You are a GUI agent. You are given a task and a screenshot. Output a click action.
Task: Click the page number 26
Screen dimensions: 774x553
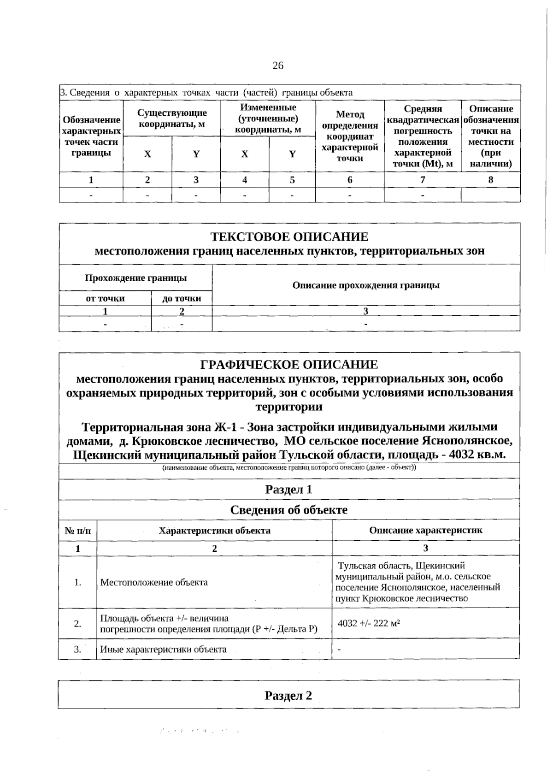click(x=278, y=65)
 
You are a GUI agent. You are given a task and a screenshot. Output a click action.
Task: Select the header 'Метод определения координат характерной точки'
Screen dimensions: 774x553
click(x=350, y=136)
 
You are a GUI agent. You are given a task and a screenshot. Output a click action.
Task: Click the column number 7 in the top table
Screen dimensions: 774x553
click(x=423, y=180)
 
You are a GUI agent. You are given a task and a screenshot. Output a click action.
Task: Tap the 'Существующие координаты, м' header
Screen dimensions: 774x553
click(x=172, y=118)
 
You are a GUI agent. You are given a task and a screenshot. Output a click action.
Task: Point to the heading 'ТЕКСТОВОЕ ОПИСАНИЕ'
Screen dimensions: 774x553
click(x=289, y=237)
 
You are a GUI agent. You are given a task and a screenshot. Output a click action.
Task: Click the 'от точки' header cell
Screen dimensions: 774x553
click(x=105, y=298)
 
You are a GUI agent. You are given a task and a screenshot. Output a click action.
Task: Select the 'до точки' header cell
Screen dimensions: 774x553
click(x=182, y=298)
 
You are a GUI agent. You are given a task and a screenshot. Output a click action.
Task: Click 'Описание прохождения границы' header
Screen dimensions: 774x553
click(x=366, y=285)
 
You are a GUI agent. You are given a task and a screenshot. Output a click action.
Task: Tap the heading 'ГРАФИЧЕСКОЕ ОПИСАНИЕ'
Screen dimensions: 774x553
click(x=289, y=365)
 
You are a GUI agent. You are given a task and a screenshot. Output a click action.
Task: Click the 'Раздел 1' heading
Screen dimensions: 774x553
click(x=289, y=490)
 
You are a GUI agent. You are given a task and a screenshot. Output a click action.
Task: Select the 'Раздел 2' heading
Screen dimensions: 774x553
click(x=288, y=695)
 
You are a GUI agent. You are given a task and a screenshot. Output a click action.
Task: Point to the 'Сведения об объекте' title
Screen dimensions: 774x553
click(x=289, y=510)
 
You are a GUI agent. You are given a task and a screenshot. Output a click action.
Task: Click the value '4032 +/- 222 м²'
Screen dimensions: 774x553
click(x=369, y=623)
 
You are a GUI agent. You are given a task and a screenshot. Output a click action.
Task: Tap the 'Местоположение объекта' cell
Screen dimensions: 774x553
click(x=154, y=582)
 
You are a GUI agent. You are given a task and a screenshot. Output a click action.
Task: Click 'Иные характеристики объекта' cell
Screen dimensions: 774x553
click(x=164, y=650)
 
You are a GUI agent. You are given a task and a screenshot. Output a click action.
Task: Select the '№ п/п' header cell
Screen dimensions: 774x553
click(x=78, y=531)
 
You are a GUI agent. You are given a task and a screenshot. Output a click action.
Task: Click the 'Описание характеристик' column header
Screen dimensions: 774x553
click(x=425, y=530)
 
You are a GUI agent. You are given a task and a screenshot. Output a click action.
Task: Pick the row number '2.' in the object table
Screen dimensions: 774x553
click(x=78, y=624)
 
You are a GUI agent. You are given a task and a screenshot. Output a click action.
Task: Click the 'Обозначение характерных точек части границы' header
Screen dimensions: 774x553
click(x=91, y=136)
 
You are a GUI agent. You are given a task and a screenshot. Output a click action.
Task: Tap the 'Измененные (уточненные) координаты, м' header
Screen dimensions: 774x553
click(x=268, y=118)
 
